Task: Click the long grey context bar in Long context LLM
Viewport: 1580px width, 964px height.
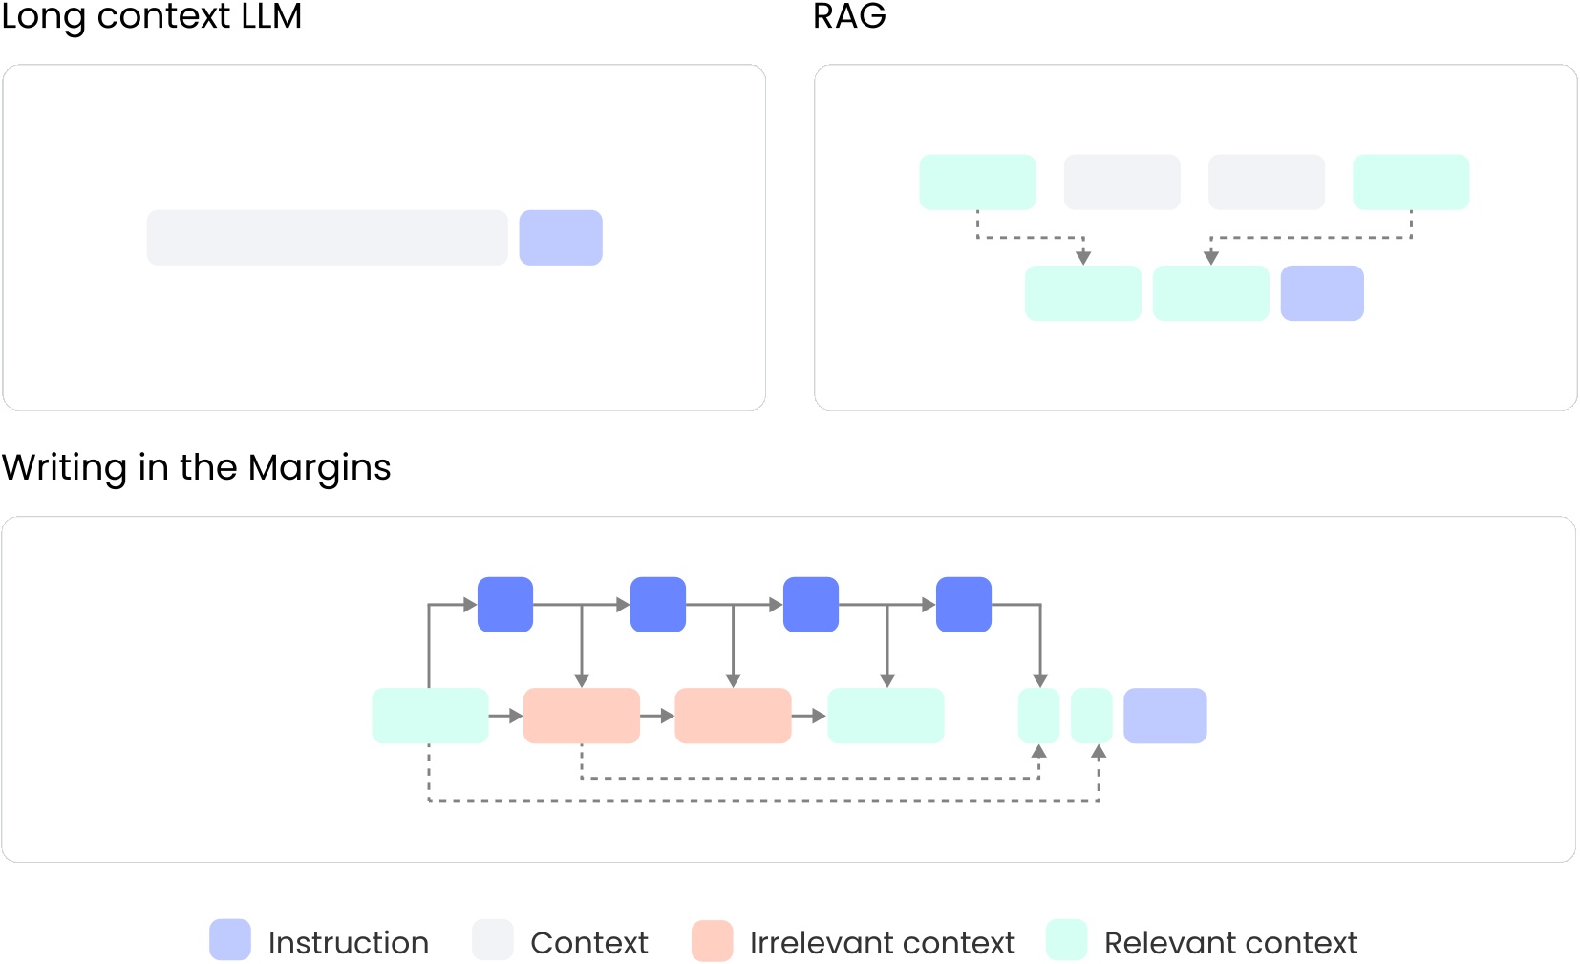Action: click(x=327, y=238)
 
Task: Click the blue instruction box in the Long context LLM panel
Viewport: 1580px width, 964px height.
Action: click(x=561, y=238)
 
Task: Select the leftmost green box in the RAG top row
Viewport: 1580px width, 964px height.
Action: click(x=977, y=182)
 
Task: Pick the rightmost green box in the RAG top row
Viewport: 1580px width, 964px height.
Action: click(x=1411, y=182)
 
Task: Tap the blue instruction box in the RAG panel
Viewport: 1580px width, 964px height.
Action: click(x=1322, y=293)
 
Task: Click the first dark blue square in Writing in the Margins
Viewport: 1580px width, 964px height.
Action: click(x=505, y=604)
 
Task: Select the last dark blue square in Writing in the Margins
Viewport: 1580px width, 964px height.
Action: click(x=964, y=604)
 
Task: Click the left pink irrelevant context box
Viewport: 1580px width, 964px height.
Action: click(x=582, y=716)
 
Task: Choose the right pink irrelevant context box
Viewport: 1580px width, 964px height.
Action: click(x=733, y=716)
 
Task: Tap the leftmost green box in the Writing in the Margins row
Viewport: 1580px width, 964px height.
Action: click(x=430, y=716)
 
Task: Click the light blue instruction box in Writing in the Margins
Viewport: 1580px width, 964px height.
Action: click(x=1165, y=716)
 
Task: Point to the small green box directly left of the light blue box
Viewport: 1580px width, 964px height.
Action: click(x=1092, y=716)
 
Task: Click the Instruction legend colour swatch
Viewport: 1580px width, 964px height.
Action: click(x=230, y=940)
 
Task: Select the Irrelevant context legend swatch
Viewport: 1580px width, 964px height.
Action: click(x=713, y=940)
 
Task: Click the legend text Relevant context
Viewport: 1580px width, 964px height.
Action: click(x=1230, y=943)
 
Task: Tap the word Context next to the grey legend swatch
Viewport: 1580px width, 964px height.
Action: click(x=588, y=943)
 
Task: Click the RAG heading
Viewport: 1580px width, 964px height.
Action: click(x=849, y=16)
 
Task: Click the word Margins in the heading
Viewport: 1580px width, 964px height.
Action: click(x=319, y=467)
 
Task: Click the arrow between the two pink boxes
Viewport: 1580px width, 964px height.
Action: click(x=657, y=716)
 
